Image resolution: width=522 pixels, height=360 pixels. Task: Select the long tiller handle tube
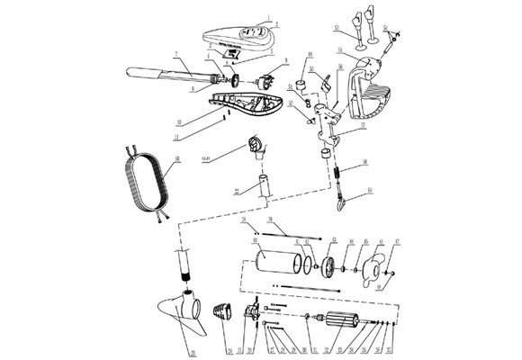click(153, 69)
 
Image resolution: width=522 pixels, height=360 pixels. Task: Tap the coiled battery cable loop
click(145, 181)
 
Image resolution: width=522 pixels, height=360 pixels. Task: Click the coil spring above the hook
click(336, 171)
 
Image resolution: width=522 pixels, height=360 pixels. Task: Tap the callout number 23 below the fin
click(190, 351)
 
